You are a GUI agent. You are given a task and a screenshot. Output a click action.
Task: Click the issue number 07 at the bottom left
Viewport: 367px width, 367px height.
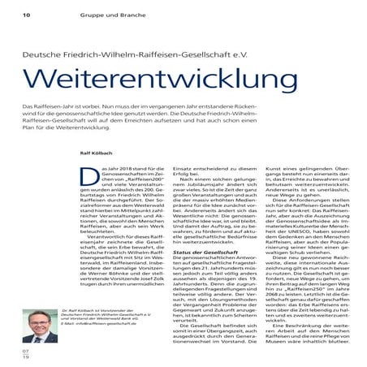click(x=26, y=352)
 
